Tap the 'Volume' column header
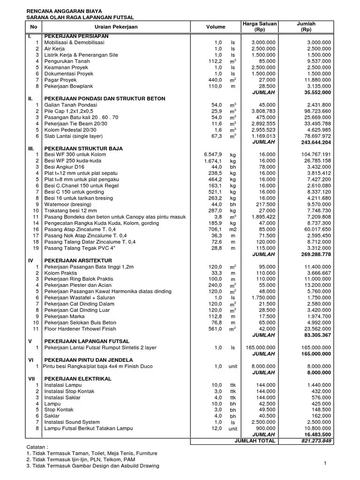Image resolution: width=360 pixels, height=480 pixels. [x=216, y=27]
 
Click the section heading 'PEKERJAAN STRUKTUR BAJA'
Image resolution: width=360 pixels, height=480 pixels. [x=83, y=148]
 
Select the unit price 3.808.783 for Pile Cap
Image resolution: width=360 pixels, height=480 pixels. [x=263, y=111]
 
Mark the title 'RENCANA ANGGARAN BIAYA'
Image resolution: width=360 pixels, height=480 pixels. [x=64, y=10]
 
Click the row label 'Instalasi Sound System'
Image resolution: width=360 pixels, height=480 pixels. [x=72, y=422]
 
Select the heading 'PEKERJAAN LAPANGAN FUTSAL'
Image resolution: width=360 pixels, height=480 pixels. [x=87, y=341]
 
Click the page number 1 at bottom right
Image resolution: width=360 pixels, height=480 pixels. [x=324, y=463]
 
